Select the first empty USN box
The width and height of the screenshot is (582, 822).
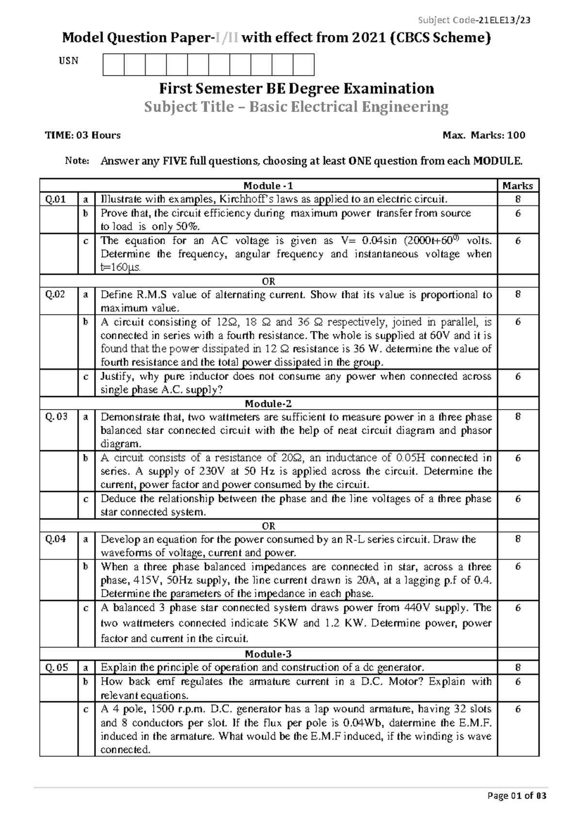coord(113,64)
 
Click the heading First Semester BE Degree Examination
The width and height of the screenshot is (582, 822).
coord(297,89)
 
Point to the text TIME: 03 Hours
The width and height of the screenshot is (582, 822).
coord(83,135)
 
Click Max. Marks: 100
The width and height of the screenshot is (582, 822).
coord(484,135)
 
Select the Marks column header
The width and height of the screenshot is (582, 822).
coord(517,186)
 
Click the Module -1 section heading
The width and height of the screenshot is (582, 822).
coord(268,186)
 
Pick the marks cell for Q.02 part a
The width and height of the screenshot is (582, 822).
coord(517,295)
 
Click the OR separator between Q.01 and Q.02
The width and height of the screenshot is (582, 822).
coord(268,282)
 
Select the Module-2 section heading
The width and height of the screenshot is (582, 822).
coord(268,404)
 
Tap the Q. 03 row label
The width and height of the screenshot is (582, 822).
coord(56,417)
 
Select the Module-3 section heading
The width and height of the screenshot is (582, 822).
coord(268,654)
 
